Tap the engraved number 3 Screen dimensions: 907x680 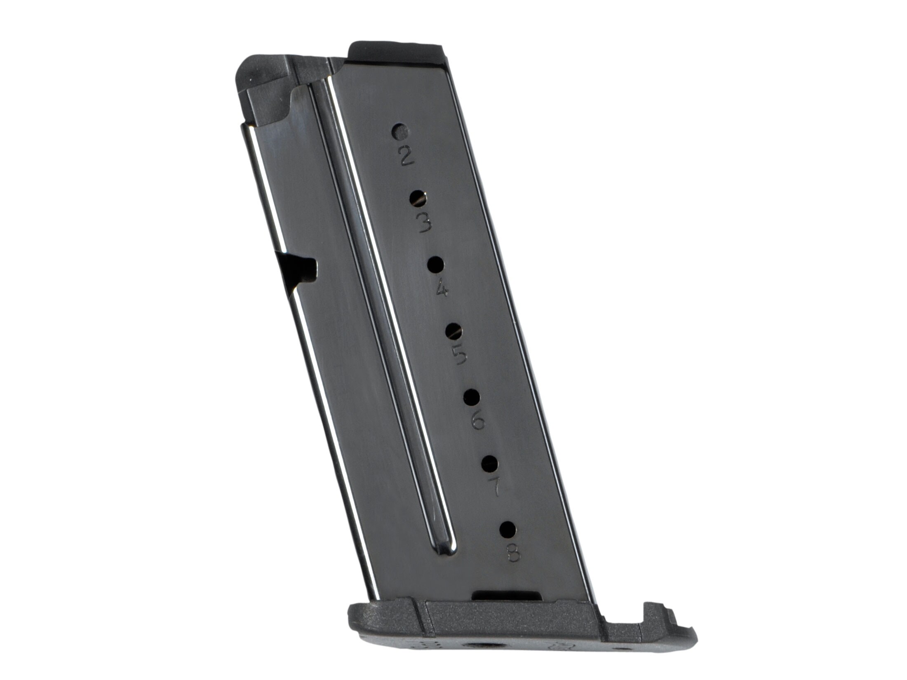(x=424, y=223)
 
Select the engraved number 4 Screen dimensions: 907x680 (x=442, y=290)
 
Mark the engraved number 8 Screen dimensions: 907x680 (x=514, y=553)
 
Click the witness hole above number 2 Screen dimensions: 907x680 (x=400, y=132)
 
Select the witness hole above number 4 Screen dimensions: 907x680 (x=436, y=265)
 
